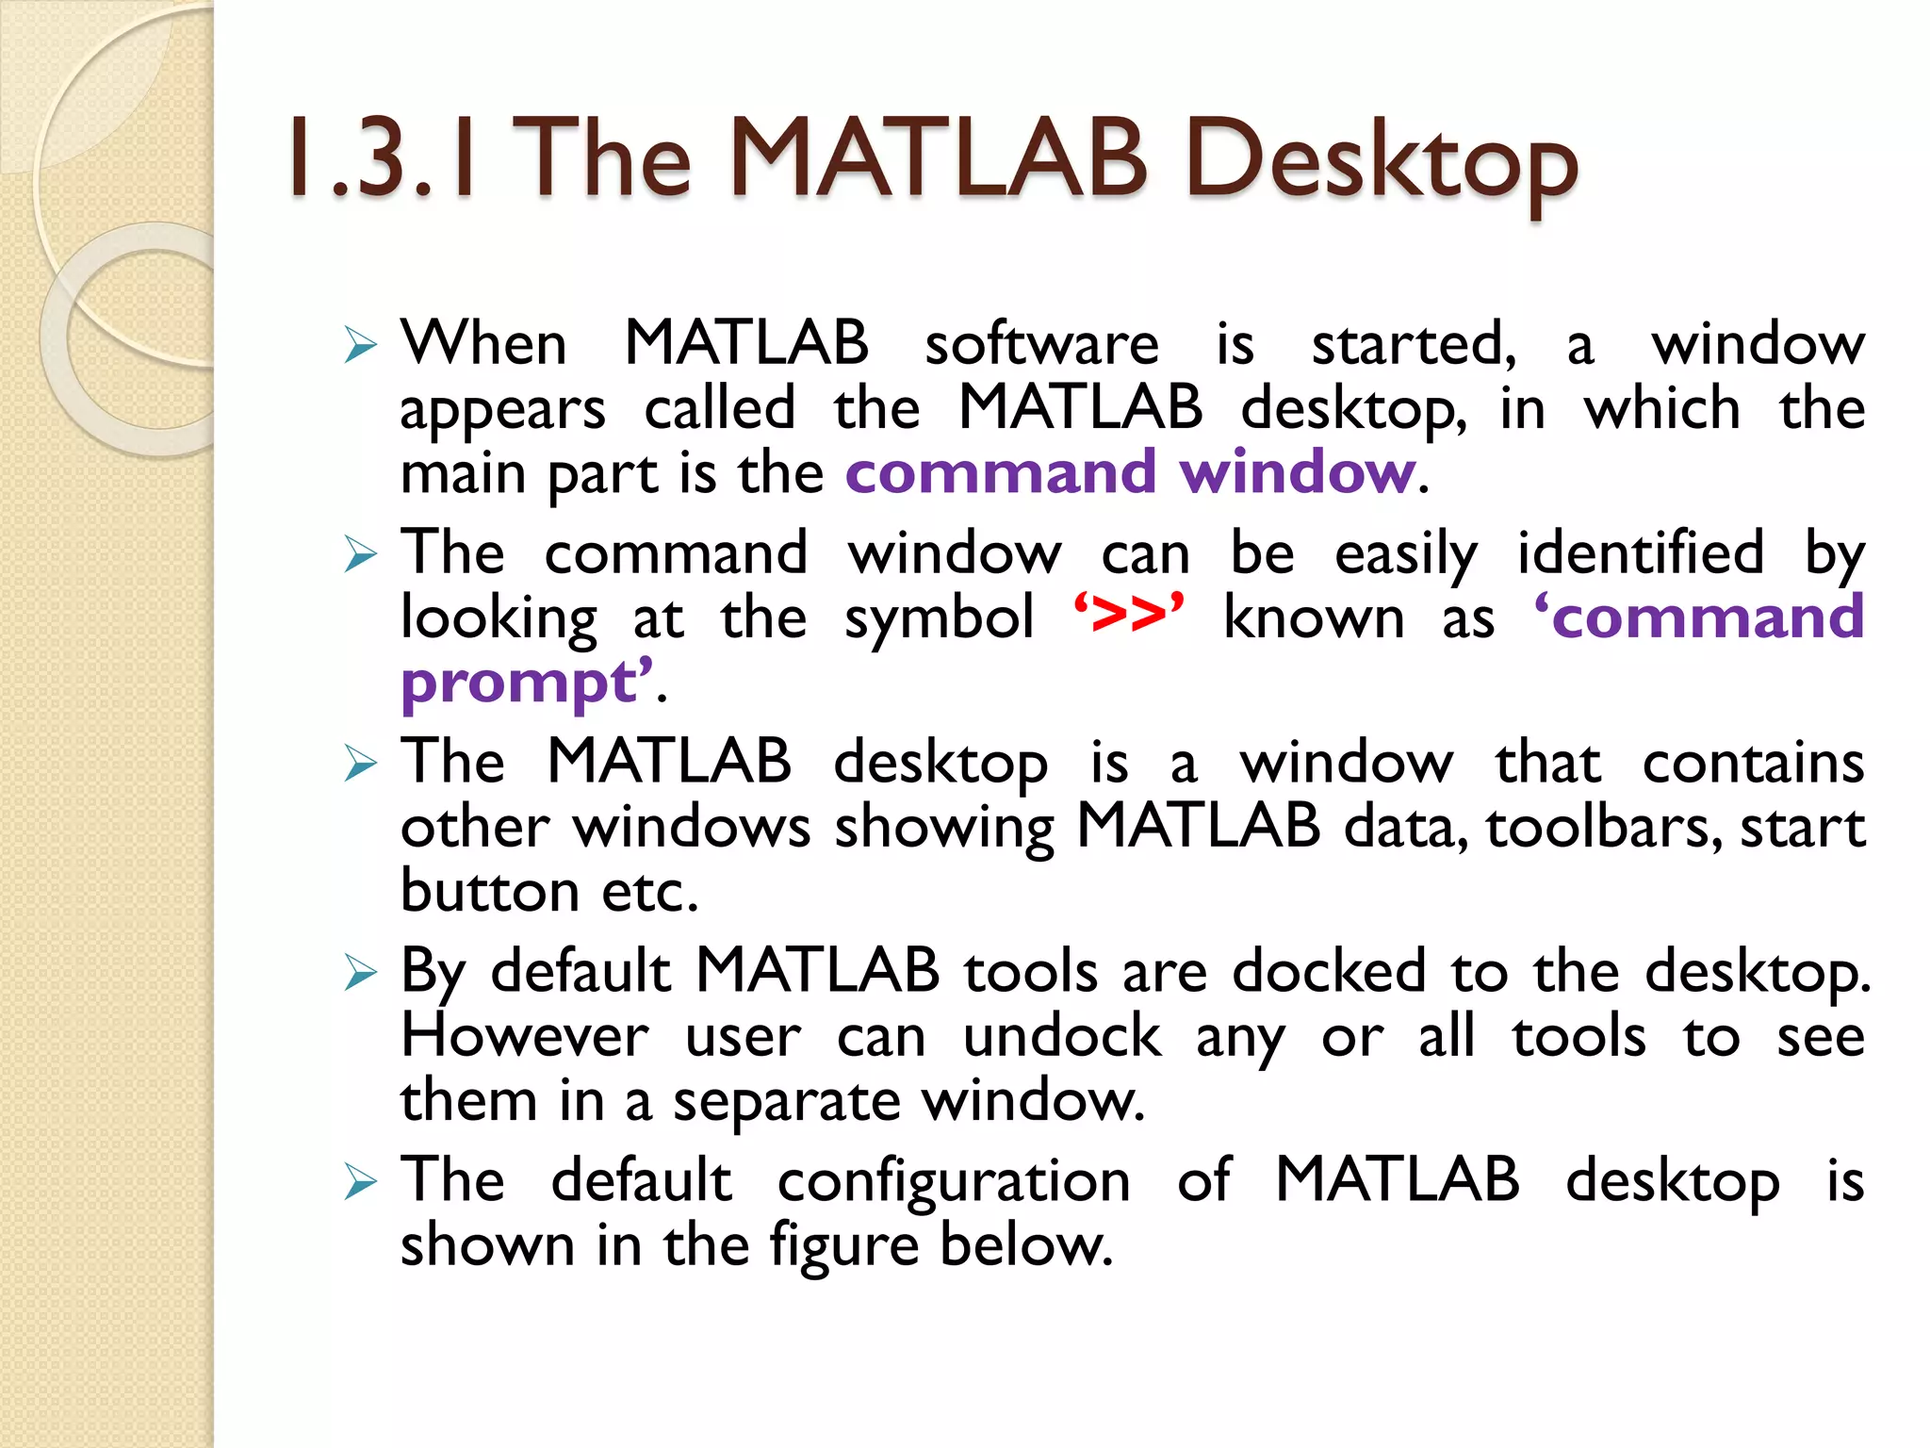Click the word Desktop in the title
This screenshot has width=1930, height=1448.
[1381, 162]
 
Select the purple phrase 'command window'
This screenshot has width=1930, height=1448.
[1130, 472]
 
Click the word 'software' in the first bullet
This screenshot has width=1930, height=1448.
[1041, 344]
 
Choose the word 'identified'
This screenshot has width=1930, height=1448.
[1640, 553]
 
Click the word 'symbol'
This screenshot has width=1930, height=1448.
[940, 619]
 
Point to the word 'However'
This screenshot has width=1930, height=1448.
[525, 1036]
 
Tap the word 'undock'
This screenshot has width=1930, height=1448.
[1062, 1036]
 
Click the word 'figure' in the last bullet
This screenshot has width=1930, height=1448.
[843, 1247]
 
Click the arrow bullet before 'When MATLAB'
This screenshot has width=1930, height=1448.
[360, 345]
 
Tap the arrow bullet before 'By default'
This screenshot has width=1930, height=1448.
[360, 972]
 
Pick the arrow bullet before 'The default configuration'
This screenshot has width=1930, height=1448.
[360, 1181]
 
